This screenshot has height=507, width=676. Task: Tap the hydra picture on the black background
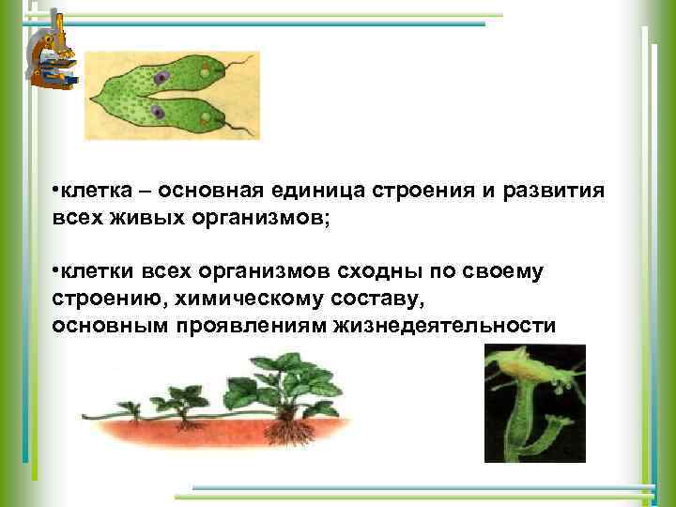534,403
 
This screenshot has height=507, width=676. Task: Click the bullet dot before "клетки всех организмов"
55,271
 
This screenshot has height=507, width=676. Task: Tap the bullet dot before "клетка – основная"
55,192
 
